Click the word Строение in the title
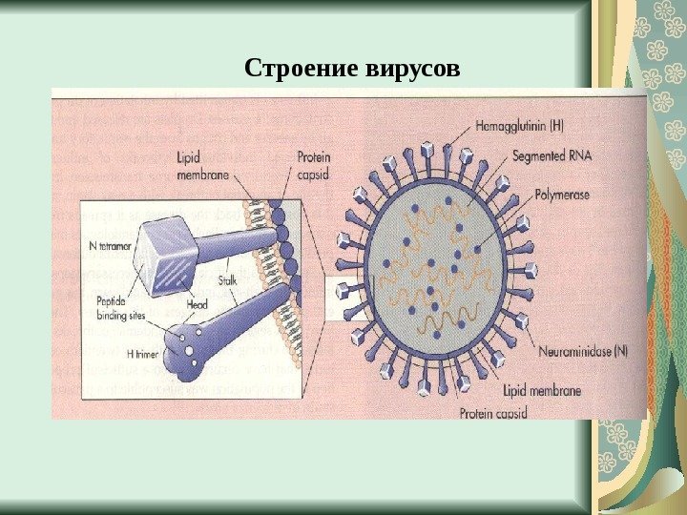point(301,70)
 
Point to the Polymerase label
point(562,194)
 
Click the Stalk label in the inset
point(229,280)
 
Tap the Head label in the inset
point(198,304)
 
